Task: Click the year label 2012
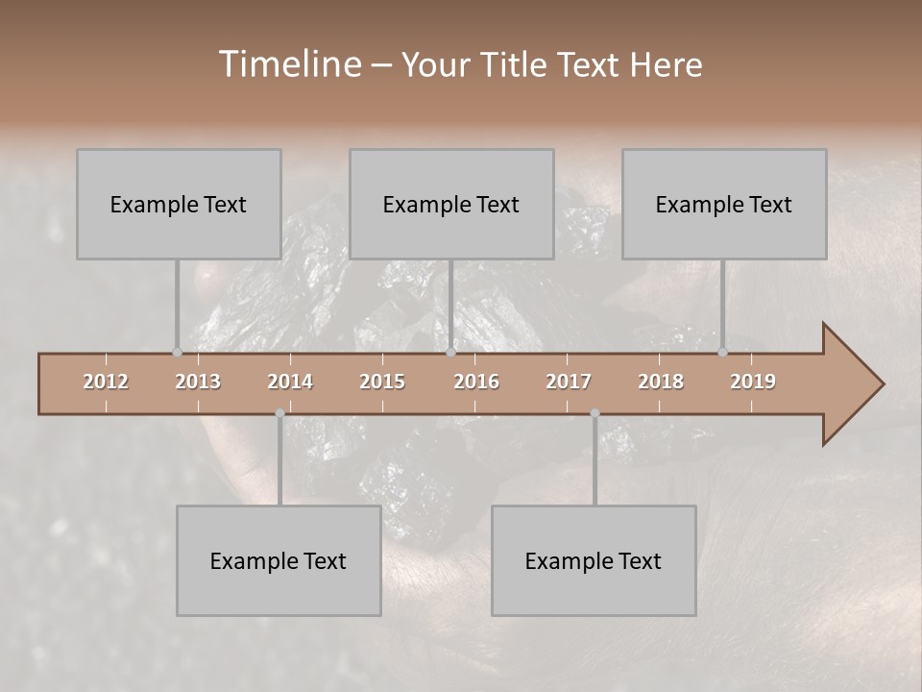point(106,382)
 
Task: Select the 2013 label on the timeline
point(198,382)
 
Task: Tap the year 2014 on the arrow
point(290,382)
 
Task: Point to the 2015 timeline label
point(382,382)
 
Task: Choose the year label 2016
point(476,382)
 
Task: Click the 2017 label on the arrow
point(569,382)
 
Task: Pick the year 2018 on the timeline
point(661,382)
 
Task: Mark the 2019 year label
point(753,382)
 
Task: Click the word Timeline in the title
point(288,64)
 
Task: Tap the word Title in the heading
point(517,65)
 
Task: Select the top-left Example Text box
point(179,204)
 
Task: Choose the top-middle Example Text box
point(451,204)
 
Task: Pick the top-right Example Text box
point(724,204)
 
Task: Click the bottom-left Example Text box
point(279,560)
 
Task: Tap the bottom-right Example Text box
point(594,560)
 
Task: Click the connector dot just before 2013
point(177,352)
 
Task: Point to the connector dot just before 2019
point(722,352)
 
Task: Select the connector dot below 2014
point(279,413)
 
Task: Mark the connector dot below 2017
point(594,413)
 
